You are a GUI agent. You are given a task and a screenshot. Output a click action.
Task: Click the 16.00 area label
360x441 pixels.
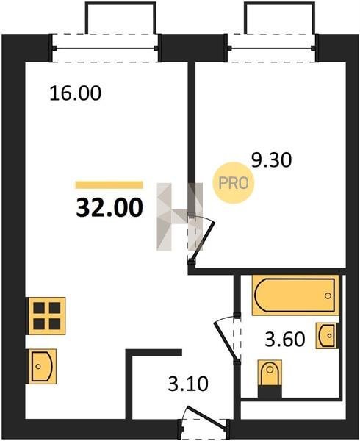pos(75,93)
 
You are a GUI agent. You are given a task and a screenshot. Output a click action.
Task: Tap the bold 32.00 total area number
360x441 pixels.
pos(109,208)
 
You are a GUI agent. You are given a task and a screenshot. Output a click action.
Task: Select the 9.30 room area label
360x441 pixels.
pos(272,160)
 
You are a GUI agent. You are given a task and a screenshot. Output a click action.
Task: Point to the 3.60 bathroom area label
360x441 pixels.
pos(285,340)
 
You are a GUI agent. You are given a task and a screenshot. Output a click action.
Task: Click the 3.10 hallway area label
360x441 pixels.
pos(188,384)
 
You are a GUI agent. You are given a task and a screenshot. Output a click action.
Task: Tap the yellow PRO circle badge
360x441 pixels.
pos(234,183)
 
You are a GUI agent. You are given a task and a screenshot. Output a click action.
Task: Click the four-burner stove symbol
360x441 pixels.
pos(46,316)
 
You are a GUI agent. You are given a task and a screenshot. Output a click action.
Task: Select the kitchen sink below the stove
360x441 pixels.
pos(42,367)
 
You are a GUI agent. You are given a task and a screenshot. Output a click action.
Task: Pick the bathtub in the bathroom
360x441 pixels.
pos(295,295)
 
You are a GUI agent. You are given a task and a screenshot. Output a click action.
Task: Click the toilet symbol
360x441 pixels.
pos(270,374)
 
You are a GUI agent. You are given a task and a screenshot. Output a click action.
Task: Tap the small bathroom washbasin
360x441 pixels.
pos(328,336)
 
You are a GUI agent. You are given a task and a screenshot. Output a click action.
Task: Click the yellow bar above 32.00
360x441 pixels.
pos(109,184)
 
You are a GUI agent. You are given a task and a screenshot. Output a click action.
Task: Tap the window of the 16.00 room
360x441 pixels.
pos(105,48)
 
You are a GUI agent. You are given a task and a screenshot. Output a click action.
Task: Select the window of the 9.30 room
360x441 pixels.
pos(272,48)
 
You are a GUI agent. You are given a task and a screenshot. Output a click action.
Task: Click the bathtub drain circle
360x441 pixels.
pos(328,295)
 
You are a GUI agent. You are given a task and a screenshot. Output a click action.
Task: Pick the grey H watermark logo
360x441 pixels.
pos(179,217)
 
